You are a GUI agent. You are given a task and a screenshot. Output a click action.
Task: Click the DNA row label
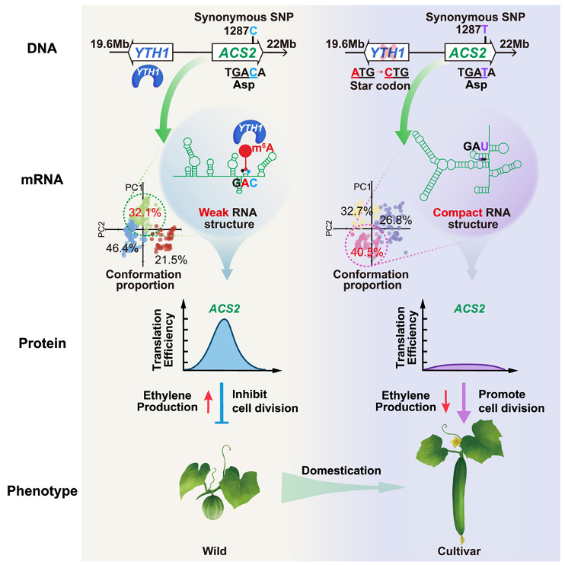pos(42,48)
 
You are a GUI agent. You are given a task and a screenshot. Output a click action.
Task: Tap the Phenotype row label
pos(42,491)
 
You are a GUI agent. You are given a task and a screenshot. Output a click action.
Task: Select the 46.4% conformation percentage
pos(122,248)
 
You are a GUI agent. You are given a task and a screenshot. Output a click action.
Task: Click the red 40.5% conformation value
pos(366,252)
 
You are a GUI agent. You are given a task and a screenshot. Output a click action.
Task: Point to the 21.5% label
pos(171,260)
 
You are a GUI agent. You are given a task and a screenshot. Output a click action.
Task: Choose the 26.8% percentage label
pos(395,220)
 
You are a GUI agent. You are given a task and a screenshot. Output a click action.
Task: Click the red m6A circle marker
pos(246,151)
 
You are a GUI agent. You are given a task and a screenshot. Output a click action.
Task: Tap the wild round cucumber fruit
pos(213,506)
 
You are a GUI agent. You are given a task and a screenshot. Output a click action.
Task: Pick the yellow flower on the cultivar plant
pos(455,441)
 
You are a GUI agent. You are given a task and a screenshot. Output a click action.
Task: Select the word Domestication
pos(341,471)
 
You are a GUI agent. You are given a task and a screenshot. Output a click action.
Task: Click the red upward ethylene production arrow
pos(209,402)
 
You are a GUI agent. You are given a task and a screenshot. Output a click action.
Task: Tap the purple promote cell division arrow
pos(464,403)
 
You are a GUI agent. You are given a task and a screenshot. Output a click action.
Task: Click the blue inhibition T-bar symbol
pos(222,403)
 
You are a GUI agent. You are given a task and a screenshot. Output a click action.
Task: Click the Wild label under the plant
pos(215,551)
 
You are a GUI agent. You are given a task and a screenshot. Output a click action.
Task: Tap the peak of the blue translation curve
pos(224,319)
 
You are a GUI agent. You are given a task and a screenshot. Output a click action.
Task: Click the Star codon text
pos(380,86)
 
